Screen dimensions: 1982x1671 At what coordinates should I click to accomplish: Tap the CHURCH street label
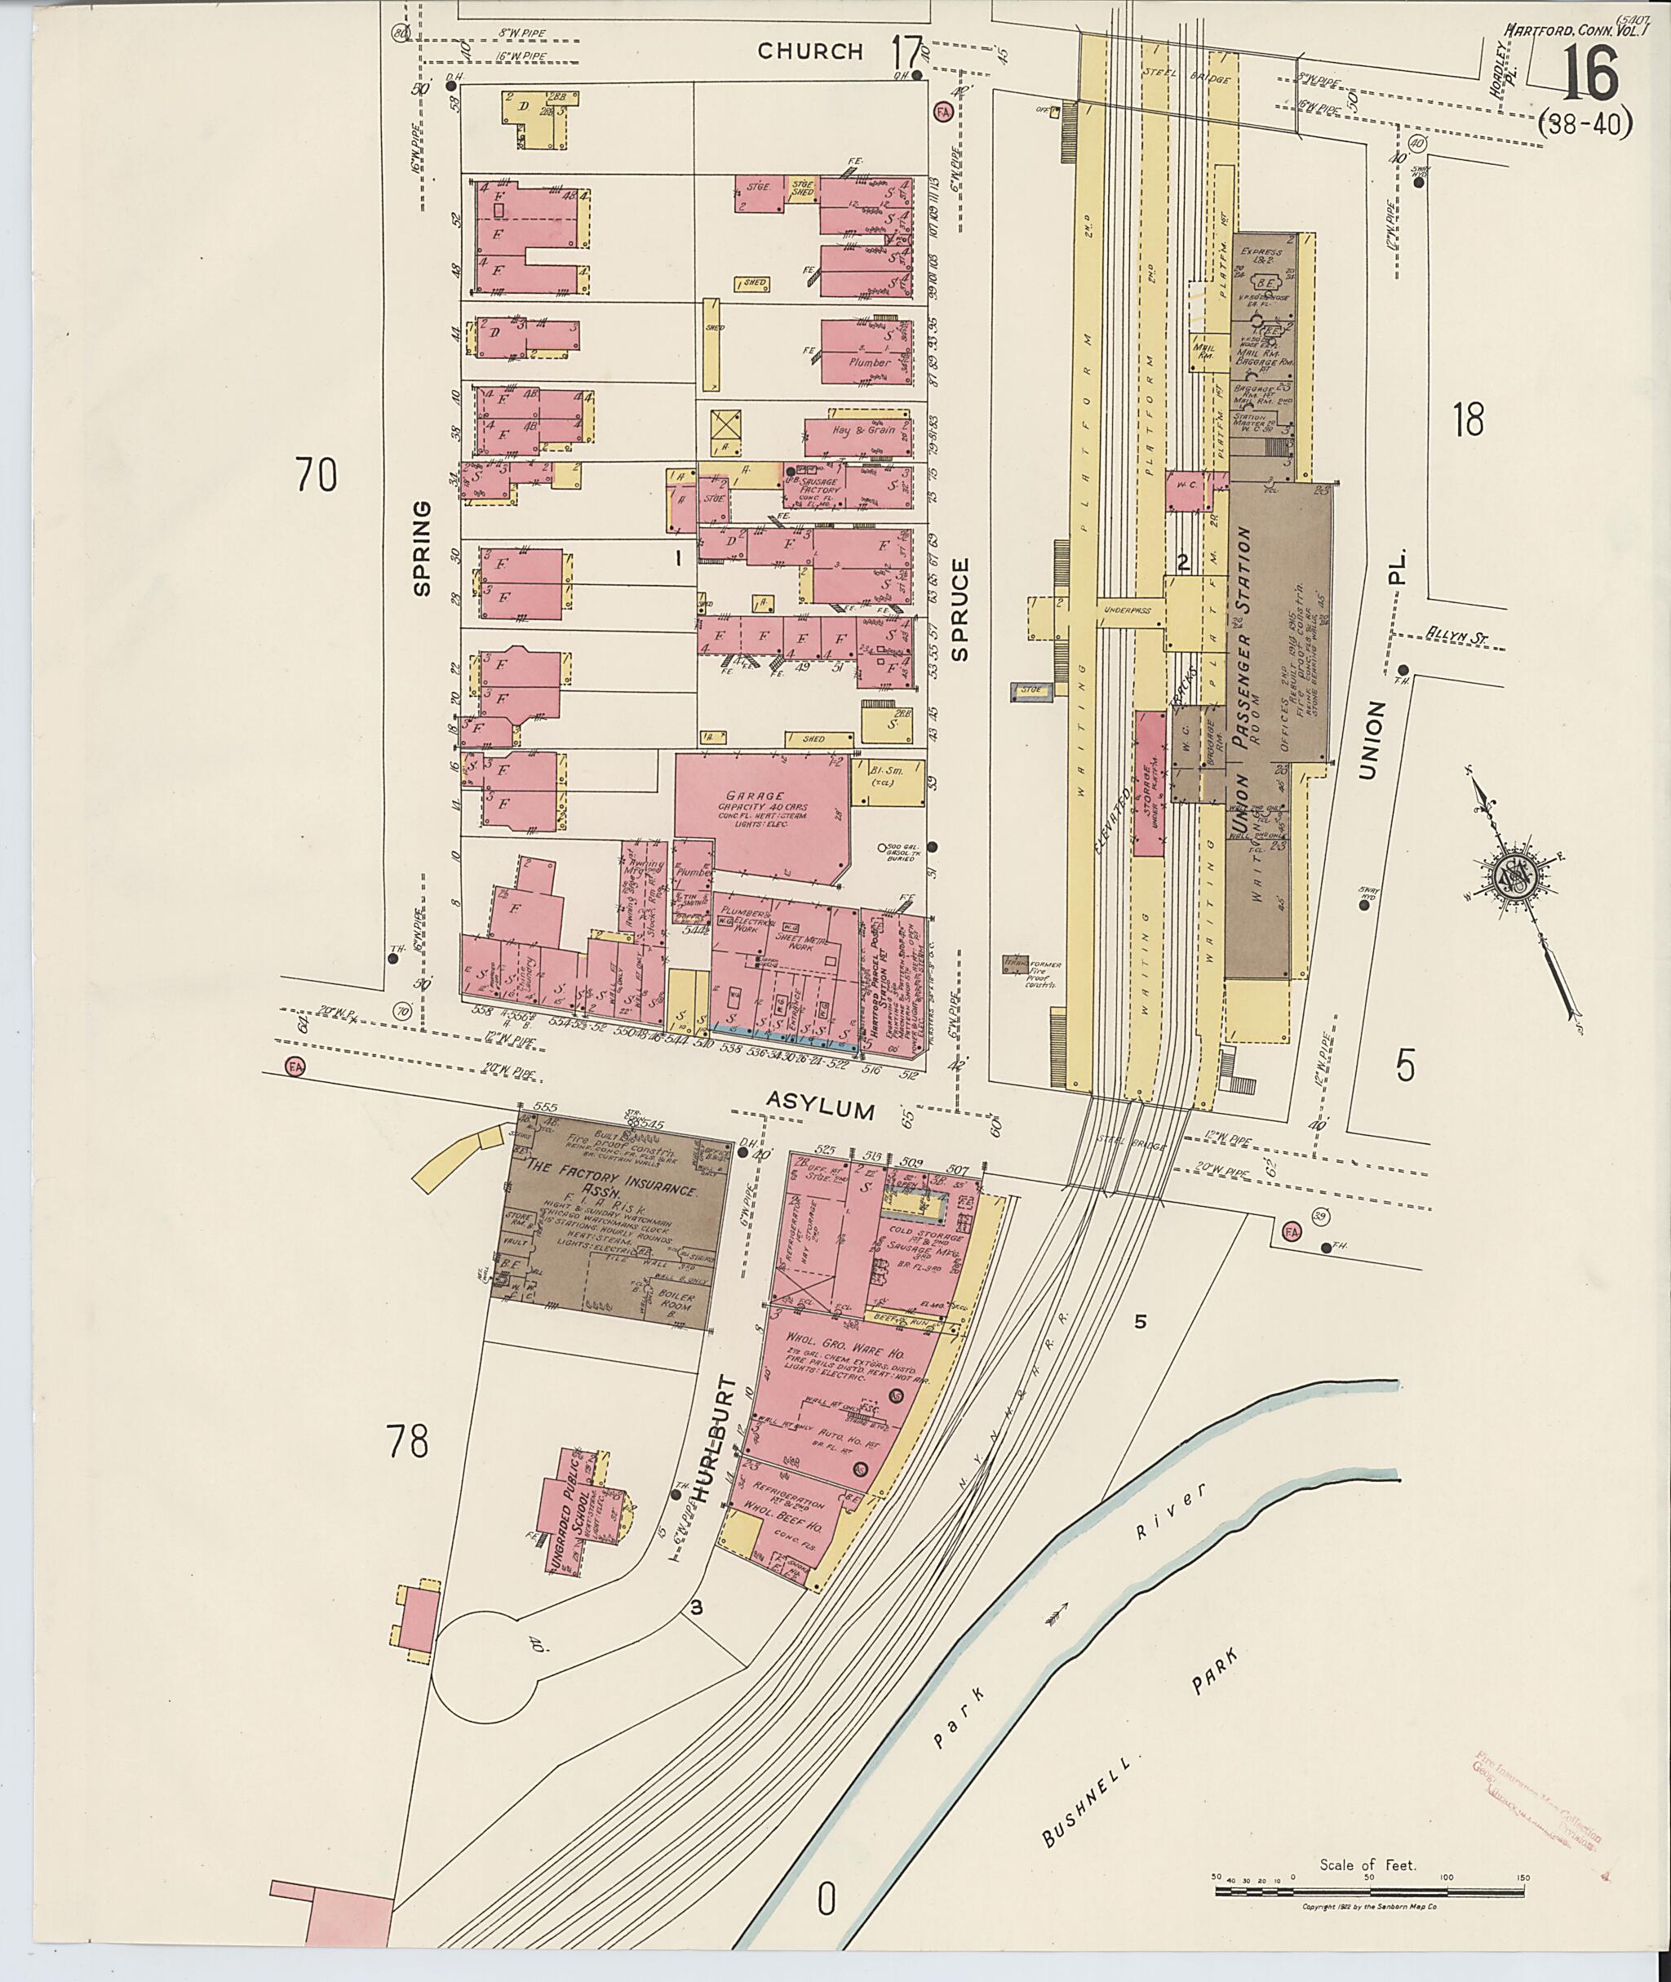(810, 51)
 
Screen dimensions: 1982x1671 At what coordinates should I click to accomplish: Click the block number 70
(316, 475)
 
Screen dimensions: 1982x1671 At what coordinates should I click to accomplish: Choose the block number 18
(1467, 419)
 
